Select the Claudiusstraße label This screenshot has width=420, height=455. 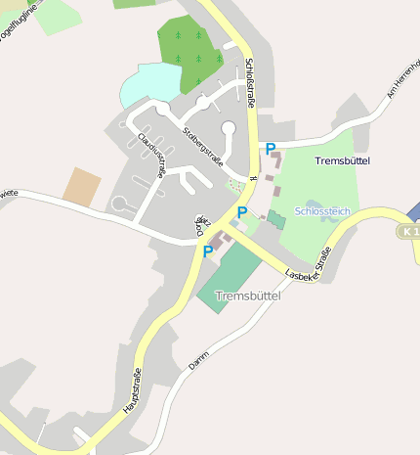click(x=151, y=153)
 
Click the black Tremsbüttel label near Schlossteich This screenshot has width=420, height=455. click(x=343, y=159)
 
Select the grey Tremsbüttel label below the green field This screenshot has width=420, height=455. click(x=247, y=296)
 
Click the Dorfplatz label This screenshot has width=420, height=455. click(x=200, y=226)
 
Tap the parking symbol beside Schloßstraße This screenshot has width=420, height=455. click(x=271, y=149)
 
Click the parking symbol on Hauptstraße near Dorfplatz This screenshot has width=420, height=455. click(x=208, y=251)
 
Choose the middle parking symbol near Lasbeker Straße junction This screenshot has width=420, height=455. click(x=241, y=212)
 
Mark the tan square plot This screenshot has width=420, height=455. click(x=82, y=186)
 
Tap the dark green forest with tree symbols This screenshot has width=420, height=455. click(x=190, y=54)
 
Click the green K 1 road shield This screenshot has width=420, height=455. click(x=409, y=232)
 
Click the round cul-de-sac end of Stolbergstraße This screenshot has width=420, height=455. click(x=229, y=127)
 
